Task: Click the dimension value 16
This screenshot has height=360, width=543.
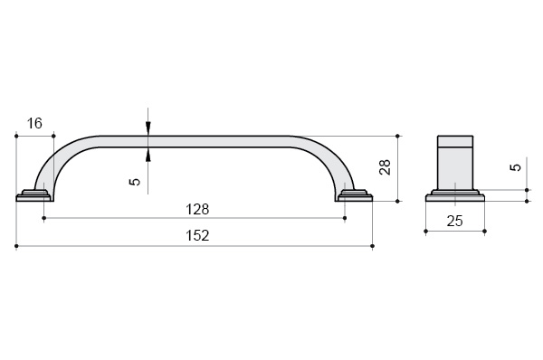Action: (x=34, y=123)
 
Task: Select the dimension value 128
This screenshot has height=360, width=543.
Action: (x=197, y=210)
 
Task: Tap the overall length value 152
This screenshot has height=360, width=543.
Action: (x=197, y=236)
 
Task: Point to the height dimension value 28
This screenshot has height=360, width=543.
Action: (x=386, y=167)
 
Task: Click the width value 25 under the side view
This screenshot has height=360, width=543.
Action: (x=454, y=221)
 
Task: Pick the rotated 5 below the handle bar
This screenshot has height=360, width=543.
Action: (x=135, y=182)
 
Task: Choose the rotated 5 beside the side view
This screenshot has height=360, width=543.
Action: (x=516, y=167)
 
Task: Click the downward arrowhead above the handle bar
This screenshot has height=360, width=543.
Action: (x=148, y=128)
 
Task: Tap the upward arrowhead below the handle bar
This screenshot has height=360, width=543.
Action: (x=148, y=155)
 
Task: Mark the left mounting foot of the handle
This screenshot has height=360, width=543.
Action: (x=33, y=196)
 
